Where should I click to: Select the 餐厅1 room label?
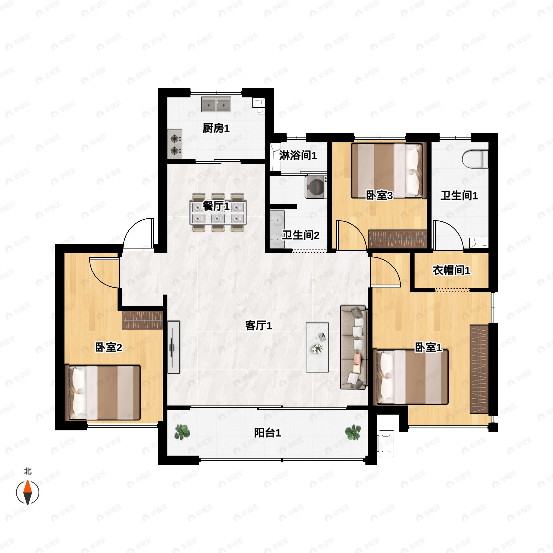(x=216, y=206)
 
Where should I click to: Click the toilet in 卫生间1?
(x=475, y=159)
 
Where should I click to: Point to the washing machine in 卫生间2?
(x=316, y=187)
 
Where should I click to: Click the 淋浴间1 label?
(x=298, y=156)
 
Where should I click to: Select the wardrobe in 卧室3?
(x=397, y=239)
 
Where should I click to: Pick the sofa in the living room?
(x=354, y=347)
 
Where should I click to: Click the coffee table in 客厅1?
(x=317, y=347)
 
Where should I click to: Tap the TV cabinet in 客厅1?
(x=174, y=347)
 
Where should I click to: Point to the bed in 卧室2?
(x=103, y=393)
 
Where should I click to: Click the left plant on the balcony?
(x=182, y=432)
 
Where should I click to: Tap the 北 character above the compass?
(x=27, y=471)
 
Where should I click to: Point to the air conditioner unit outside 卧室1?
(x=386, y=444)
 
